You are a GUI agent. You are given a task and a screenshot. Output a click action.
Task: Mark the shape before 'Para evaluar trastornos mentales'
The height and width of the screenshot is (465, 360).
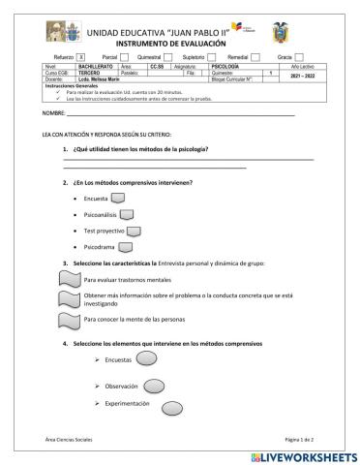[69, 278]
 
